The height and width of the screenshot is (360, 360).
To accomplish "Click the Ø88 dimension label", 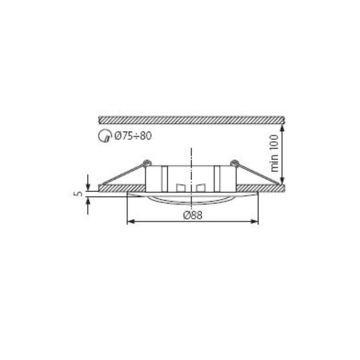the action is (x=193, y=215).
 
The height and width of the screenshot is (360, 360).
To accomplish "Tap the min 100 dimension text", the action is (x=274, y=154).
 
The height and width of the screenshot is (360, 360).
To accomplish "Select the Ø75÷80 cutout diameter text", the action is (x=133, y=136).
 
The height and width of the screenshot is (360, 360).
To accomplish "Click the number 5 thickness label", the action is (x=79, y=194).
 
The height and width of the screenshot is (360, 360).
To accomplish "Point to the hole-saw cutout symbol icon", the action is (x=104, y=136).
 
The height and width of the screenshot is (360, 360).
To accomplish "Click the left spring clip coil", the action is (x=147, y=163).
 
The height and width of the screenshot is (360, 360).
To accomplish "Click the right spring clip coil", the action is (x=234, y=163).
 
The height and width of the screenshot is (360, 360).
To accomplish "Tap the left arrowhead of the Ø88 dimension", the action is (x=130, y=221).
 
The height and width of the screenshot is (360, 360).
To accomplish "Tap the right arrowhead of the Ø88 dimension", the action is (x=255, y=221).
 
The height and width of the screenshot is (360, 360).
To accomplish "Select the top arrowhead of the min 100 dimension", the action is (x=283, y=127).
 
